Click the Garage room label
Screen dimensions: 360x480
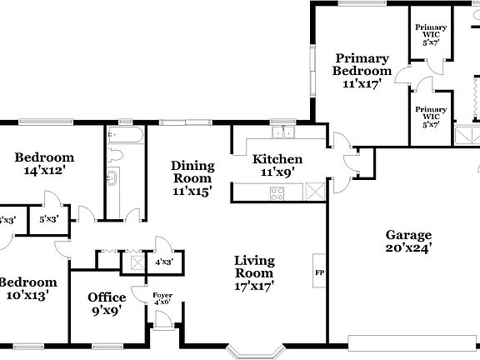(x=408, y=241)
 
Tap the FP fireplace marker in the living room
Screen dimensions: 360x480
(x=319, y=272)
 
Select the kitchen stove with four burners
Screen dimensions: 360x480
(x=277, y=192)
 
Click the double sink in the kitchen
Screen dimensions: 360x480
(x=284, y=132)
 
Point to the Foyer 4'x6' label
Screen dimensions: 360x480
(x=161, y=296)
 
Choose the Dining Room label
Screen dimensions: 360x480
(x=192, y=177)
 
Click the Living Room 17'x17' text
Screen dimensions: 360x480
(x=253, y=272)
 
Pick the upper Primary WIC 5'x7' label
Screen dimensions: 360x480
(x=431, y=33)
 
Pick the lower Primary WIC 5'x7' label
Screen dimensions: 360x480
(x=431, y=117)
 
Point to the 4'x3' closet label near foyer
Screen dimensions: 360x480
(x=163, y=261)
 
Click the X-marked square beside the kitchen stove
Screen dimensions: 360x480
(x=312, y=192)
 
